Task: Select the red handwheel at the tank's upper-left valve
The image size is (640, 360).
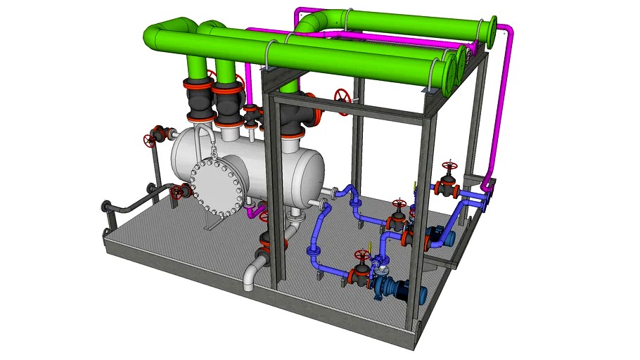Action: click(149, 139)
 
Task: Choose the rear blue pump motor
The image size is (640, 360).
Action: click(444, 235)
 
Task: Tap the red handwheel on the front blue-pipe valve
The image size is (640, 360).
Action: click(362, 255)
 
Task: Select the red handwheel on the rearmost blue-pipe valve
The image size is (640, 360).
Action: click(448, 169)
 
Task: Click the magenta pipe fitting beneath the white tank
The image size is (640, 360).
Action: click(257, 210)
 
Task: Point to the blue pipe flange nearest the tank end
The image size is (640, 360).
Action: click(323, 204)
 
